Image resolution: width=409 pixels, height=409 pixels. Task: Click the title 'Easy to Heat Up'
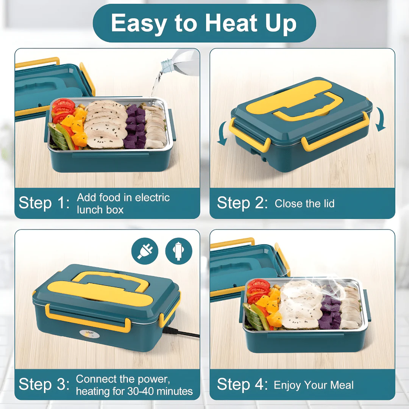tap(204, 23)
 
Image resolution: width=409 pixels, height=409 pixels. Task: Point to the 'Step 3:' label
tap(44, 384)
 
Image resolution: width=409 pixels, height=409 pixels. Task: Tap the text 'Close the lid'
tap(304, 203)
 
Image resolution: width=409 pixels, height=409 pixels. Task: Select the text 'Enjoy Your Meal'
tap(314, 385)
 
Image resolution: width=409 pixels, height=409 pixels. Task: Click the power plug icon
tap(145, 251)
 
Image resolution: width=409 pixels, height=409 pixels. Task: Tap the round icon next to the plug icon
tap(179, 251)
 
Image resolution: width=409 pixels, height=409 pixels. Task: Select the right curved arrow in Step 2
tap(381, 119)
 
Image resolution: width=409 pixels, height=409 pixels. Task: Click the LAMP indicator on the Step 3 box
tap(89, 334)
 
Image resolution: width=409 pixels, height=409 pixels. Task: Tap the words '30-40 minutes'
tap(160, 391)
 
